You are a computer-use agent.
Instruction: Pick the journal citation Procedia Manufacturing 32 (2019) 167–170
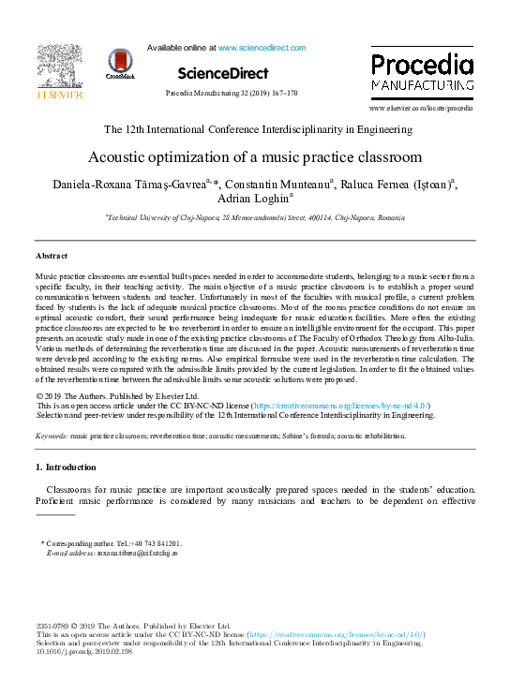231,94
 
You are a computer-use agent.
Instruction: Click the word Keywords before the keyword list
51,437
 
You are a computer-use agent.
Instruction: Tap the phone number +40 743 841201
155,543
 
